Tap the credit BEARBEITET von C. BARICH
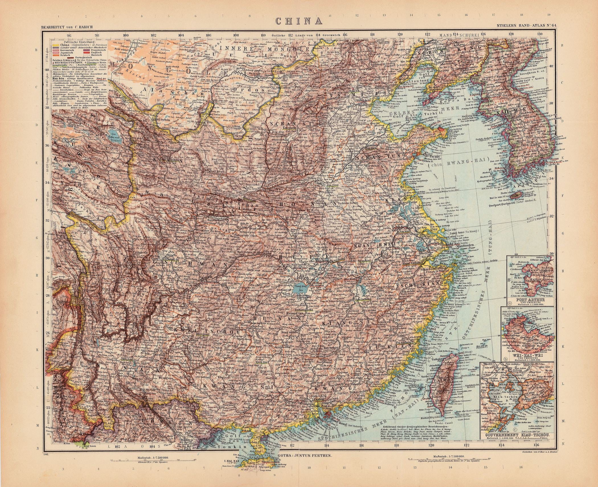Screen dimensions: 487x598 (x=67, y=27)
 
